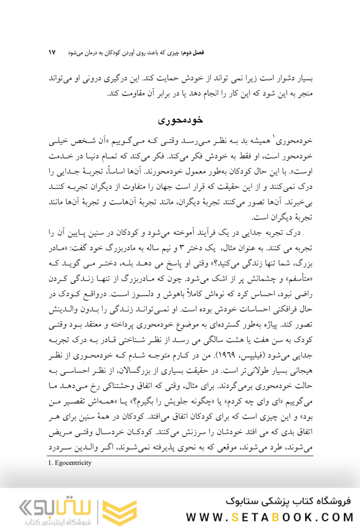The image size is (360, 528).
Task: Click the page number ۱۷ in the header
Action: click(x=52, y=53)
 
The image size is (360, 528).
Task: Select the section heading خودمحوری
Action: click(x=180, y=120)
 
